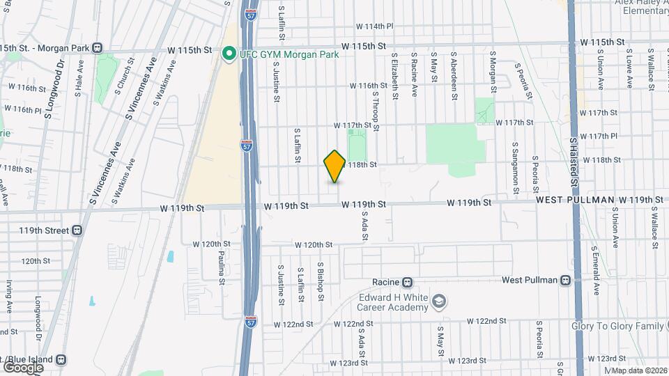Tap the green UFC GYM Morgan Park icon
click(228, 54)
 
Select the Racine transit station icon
click(408, 283)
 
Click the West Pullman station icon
click(564, 280)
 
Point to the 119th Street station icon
click(76, 230)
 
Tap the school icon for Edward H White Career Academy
click(439, 301)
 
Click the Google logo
click(23, 366)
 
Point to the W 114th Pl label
click(375, 26)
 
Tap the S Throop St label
click(375, 111)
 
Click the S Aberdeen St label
click(454, 75)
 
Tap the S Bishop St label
click(320, 282)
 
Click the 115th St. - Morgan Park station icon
click(97, 48)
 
